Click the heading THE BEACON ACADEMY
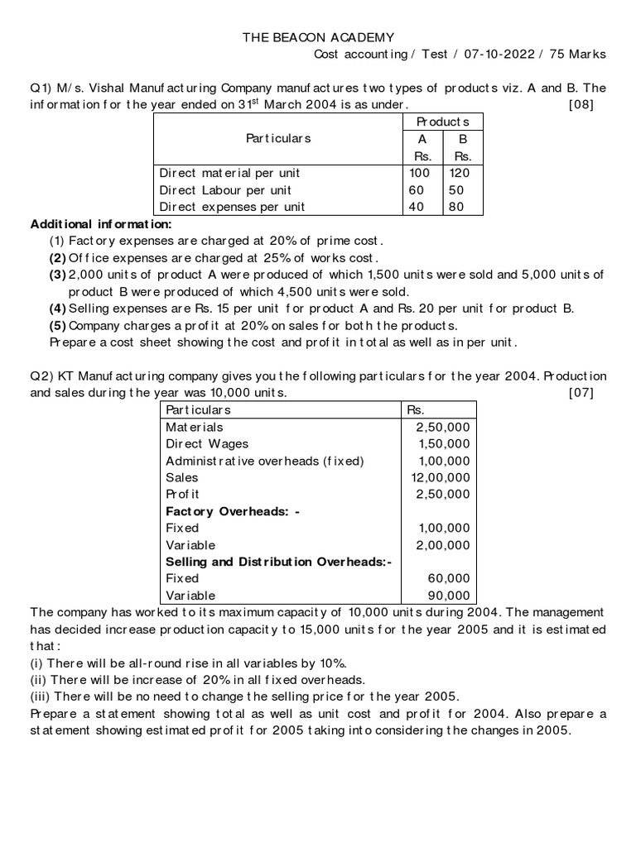point(318,37)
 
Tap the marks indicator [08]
point(581,104)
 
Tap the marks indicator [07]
point(581,393)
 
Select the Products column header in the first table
point(443,122)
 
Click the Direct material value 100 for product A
point(420,173)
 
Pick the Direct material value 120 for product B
point(461,173)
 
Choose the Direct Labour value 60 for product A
point(416,190)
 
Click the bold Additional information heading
point(102,224)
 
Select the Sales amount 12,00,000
point(441,477)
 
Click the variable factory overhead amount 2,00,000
point(443,545)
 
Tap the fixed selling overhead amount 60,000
point(449,578)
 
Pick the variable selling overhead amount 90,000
point(449,596)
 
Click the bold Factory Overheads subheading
point(233,511)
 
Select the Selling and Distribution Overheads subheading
point(279,562)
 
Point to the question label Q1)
point(42,88)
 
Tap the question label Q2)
point(42,376)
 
